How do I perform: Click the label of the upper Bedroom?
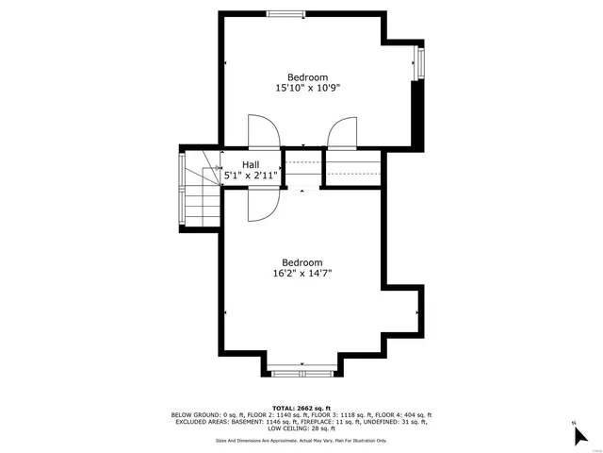(307, 77)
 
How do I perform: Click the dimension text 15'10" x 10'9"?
(307, 88)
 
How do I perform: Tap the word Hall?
(251, 165)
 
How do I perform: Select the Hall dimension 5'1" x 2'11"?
(251, 176)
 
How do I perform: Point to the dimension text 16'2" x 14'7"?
(302, 274)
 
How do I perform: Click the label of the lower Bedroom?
(302, 262)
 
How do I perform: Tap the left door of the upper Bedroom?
(263, 132)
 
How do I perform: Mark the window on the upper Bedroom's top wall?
(285, 12)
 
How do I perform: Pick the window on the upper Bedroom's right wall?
(419, 64)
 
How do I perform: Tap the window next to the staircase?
(182, 190)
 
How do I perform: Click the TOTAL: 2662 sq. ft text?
(301, 407)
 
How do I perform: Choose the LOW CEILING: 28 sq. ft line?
(301, 430)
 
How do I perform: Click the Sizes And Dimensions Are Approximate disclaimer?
(301, 441)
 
